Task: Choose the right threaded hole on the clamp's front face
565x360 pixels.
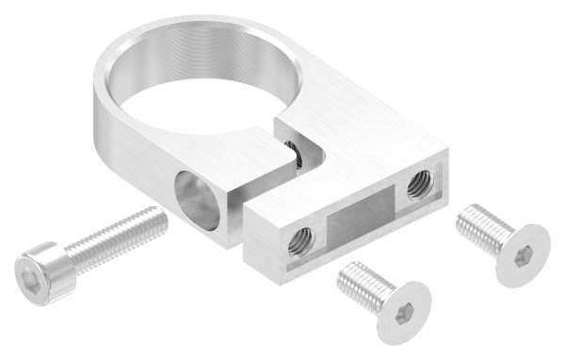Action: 414,189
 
